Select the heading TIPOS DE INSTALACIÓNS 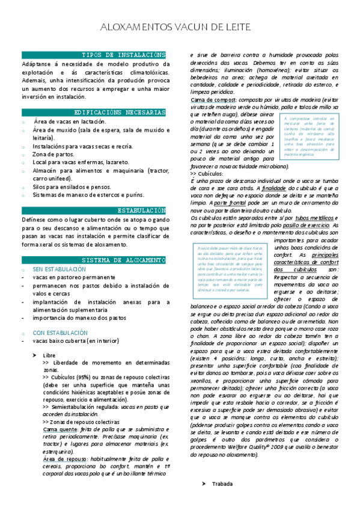(x=123, y=55)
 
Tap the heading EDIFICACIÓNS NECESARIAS (x=120, y=112)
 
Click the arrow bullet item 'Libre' (x=49, y=355)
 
